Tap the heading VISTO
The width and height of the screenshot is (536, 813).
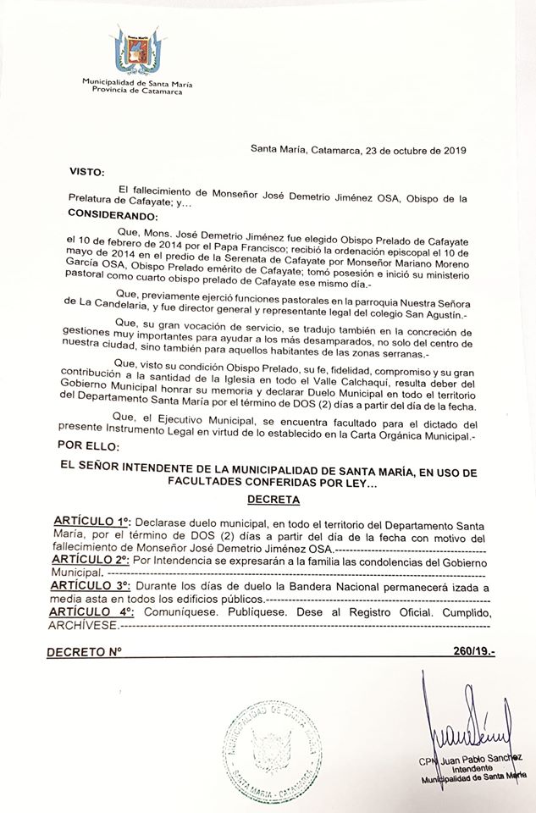(x=86, y=170)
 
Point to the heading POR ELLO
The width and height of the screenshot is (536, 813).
(x=91, y=445)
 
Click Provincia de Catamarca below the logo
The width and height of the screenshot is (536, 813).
(x=121, y=90)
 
